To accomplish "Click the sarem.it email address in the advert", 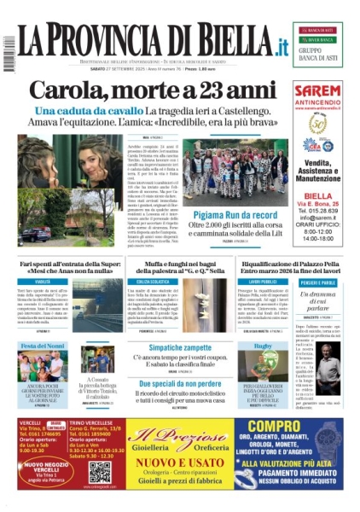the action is pyautogui.click(x=324, y=221).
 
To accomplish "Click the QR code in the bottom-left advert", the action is pyautogui.click(x=100, y=471).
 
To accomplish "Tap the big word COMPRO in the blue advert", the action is pyautogui.click(x=294, y=425).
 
